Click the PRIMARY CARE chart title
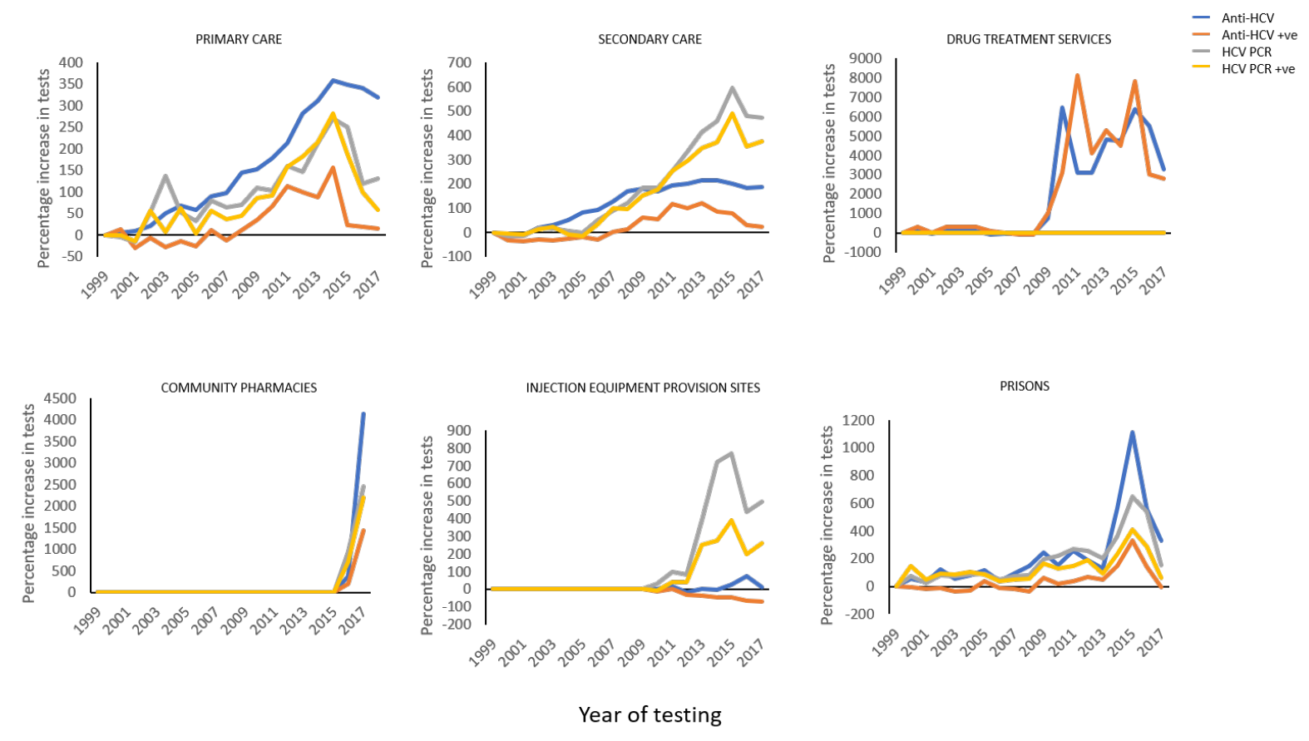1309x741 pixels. coord(239,39)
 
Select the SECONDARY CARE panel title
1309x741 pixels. coord(650,39)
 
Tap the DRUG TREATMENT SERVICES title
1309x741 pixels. coord(1028,39)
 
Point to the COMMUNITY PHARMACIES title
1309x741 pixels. coord(239,388)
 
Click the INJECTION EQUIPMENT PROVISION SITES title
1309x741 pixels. coord(643,388)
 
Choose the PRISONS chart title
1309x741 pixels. coord(1024,386)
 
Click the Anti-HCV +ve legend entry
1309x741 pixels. coord(1258,35)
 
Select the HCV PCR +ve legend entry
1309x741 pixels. coord(1257,69)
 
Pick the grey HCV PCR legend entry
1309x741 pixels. coord(1246,52)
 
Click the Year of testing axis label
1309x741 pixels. coord(650,714)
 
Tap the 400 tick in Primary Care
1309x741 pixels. coord(71,62)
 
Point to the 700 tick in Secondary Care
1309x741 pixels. coord(459,62)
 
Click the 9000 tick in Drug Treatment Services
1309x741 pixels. coord(865,58)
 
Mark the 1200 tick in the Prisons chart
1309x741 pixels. coord(858,420)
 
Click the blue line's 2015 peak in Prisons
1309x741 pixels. coord(1132,432)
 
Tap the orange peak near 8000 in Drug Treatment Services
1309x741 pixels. coord(1077,76)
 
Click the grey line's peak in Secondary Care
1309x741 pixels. coord(732,87)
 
